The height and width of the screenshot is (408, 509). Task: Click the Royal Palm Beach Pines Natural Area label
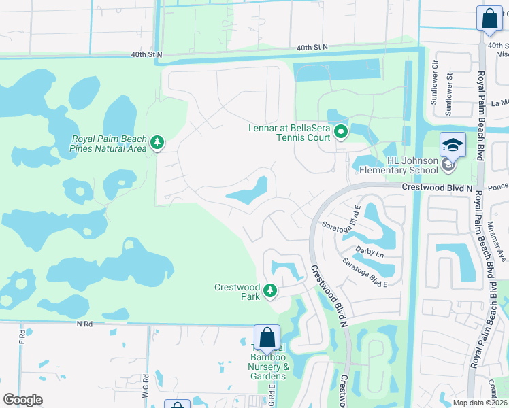108,143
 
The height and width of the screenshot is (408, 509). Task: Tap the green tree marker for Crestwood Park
270,290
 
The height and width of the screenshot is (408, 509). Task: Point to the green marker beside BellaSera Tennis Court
341,132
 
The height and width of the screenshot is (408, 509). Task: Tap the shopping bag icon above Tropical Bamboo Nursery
267,337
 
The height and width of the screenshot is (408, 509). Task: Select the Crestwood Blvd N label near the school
436,187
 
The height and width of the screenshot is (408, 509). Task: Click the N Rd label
84,324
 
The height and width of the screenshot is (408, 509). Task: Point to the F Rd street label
22,337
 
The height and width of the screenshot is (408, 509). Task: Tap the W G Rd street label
145,388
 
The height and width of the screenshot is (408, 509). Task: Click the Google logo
22,400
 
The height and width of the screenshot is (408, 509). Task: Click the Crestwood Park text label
237,292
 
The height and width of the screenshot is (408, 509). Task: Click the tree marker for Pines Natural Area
158,141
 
